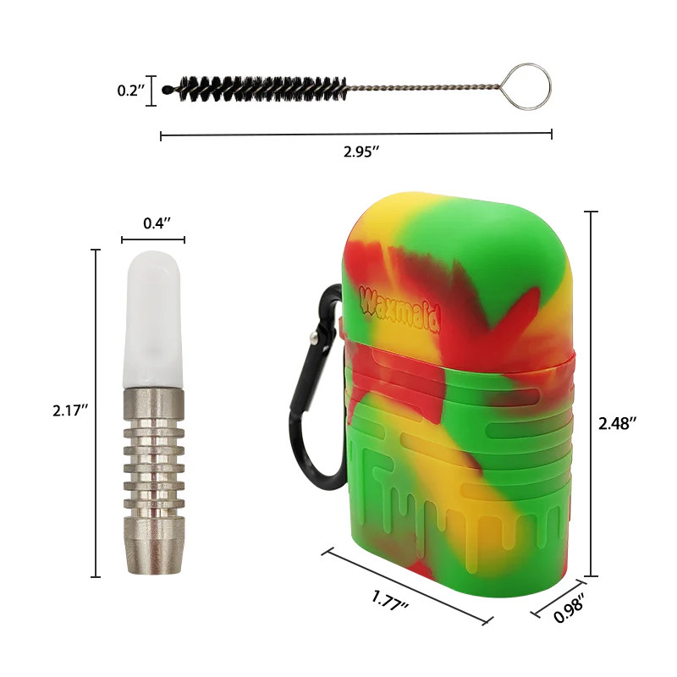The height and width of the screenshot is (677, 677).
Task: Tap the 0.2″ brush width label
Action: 131,91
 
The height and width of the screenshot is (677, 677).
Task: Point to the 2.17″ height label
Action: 68,412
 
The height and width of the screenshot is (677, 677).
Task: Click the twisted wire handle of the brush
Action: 432,85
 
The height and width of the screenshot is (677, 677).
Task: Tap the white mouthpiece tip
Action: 153,322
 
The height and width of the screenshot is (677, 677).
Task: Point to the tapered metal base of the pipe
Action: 153,546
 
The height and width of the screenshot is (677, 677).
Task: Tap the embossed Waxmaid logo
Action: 388,300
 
